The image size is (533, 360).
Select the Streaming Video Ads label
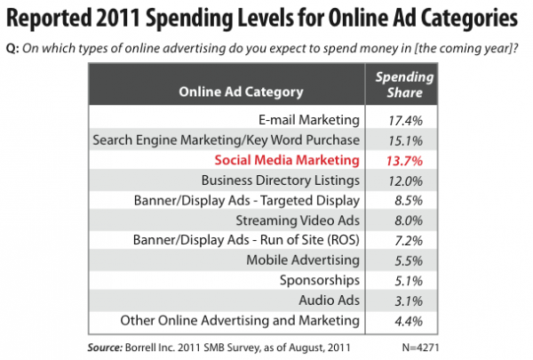[x=297, y=220]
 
